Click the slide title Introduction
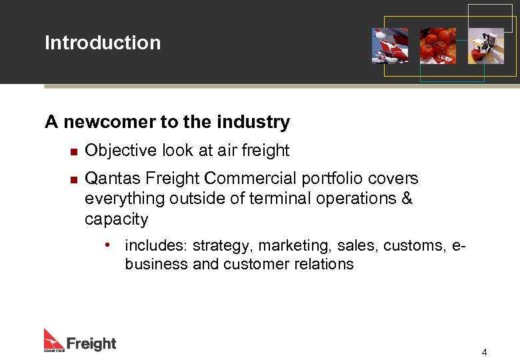coord(103,43)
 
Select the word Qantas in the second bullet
coord(109,179)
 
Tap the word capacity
coord(116,219)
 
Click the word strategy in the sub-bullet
coord(222,246)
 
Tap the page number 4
coord(485,352)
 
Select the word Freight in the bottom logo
coord(91,344)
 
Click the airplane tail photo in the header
coord(390,46)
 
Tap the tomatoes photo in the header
coord(438,46)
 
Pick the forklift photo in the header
coord(486,46)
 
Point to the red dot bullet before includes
coord(107,245)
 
